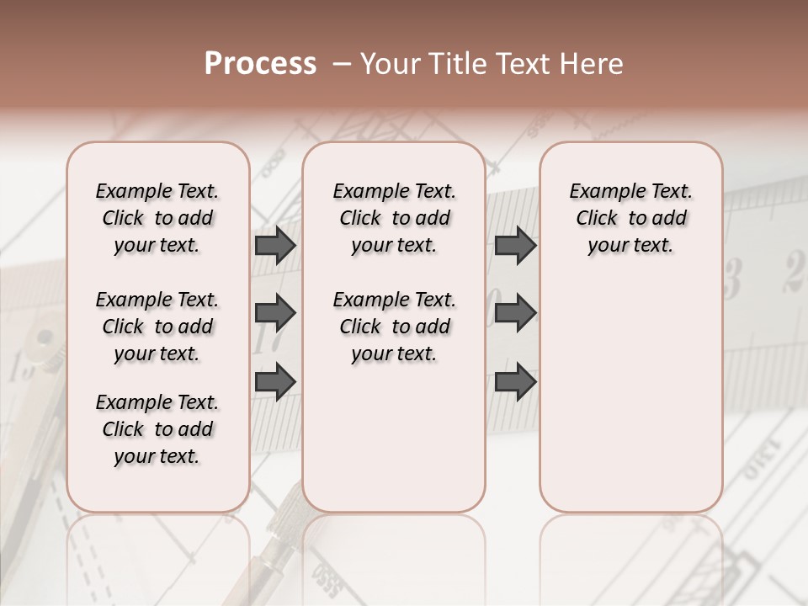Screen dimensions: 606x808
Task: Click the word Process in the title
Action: (x=260, y=64)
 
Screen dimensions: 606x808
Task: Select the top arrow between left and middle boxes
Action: (x=275, y=246)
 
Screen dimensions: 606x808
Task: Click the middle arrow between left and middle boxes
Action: (x=275, y=314)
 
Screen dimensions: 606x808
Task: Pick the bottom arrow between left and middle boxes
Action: (x=275, y=381)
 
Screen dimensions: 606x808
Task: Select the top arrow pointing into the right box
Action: (x=515, y=246)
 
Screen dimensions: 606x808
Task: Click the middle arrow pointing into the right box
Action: (x=515, y=314)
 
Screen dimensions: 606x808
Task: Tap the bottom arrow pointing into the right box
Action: (x=515, y=381)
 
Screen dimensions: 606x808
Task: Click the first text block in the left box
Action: (x=157, y=218)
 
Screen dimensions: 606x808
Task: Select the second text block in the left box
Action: (x=157, y=327)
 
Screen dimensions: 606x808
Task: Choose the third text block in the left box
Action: (x=157, y=429)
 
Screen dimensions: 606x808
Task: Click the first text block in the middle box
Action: (x=394, y=218)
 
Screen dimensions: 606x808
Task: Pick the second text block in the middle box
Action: (x=394, y=327)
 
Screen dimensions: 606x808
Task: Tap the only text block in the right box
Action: (x=630, y=218)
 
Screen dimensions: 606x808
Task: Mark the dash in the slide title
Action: (x=342, y=64)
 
